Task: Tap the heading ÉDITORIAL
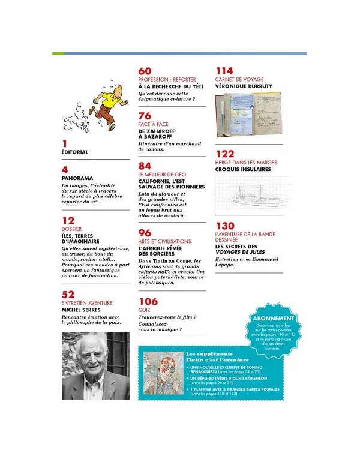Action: tap(75, 152)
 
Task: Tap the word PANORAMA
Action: tap(77, 178)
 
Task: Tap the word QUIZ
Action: tap(145, 310)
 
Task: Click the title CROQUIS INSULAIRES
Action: tap(243, 169)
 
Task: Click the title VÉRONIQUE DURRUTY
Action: tap(244, 86)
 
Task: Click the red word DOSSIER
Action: tap(71, 229)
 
